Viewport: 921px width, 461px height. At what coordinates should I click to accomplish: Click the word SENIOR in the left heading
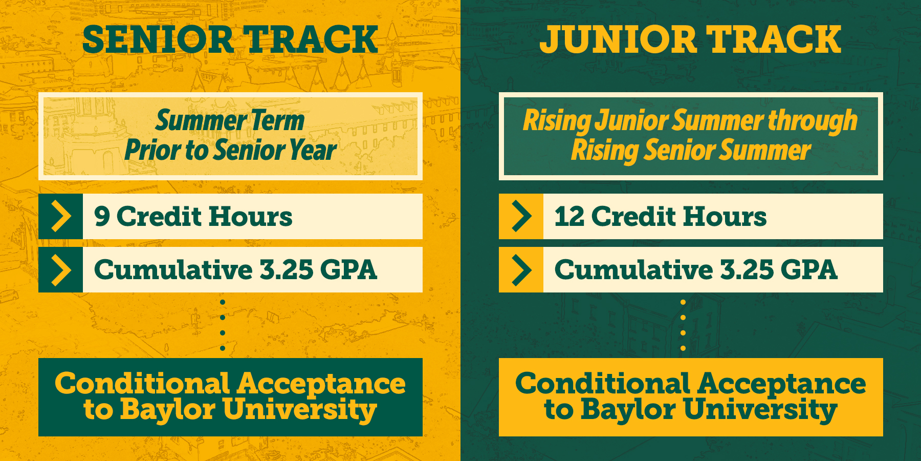click(x=158, y=39)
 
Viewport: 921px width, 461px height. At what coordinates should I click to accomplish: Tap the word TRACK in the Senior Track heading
click(x=311, y=39)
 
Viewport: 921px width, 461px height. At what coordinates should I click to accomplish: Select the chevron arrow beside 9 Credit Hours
click(x=61, y=216)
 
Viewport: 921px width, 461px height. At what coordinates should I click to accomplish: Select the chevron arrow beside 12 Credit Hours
click(x=522, y=216)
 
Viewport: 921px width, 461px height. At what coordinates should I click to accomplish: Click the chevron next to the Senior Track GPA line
click(x=61, y=270)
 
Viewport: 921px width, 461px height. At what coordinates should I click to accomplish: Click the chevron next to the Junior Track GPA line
click(x=522, y=270)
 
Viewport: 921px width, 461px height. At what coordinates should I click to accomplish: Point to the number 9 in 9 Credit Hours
click(x=102, y=216)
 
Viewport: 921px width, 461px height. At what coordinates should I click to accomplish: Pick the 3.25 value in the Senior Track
click(x=287, y=270)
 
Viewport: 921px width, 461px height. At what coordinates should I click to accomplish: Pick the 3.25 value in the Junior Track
click(x=747, y=270)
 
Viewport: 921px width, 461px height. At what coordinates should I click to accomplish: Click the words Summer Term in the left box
click(x=230, y=121)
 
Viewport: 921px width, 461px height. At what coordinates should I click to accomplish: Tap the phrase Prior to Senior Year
click(x=230, y=150)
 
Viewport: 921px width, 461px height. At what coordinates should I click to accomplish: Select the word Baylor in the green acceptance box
click(x=168, y=410)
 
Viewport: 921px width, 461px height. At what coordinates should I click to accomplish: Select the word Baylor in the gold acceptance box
click(x=628, y=410)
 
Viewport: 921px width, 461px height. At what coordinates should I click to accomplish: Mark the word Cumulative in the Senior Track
click(x=173, y=270)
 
